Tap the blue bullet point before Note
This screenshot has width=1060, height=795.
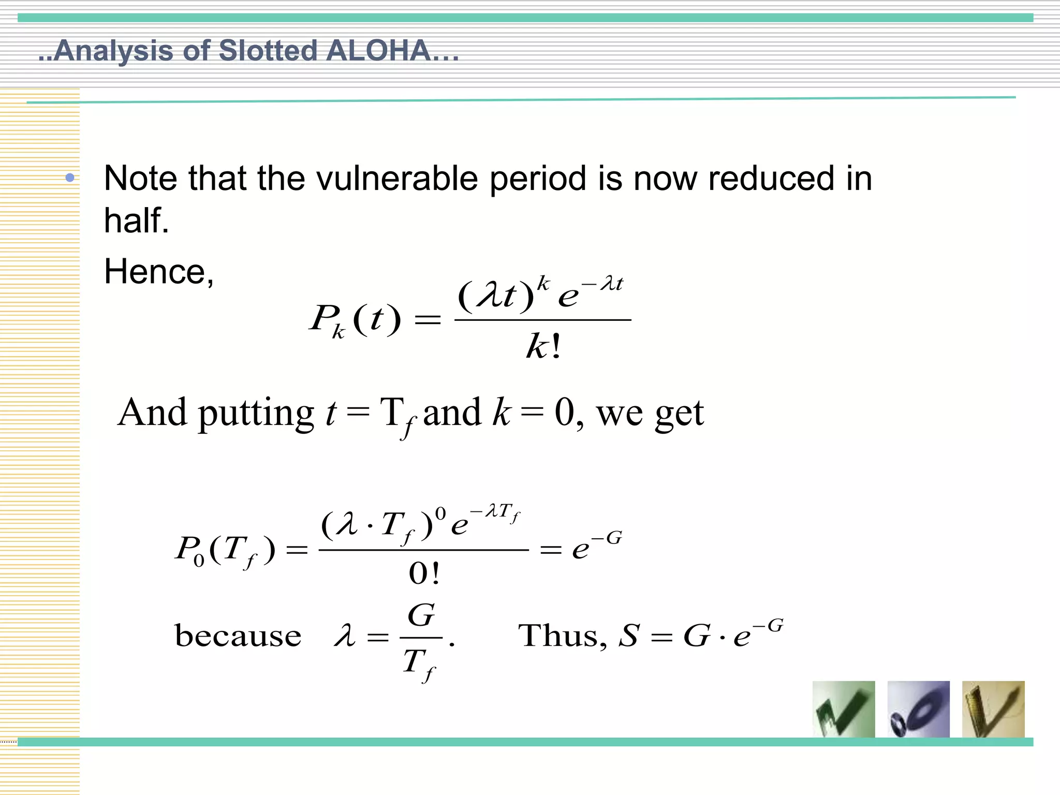click(x=70, y=179)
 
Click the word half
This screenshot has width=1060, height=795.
click(x=136, y=220)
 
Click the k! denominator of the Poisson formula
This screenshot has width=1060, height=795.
click(x=543, y=346)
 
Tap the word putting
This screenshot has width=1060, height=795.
click(x=256, y=413)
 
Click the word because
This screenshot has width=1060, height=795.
click(x=238, y=636)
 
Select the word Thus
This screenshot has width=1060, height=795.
click(x=562, y=636)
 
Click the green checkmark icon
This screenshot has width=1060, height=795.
click(x=844, y=709)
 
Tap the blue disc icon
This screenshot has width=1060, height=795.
click(x=918, y=709)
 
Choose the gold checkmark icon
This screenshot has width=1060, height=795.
click(x=993, y=709)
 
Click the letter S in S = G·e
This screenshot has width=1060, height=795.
click(x=629, y=636)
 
